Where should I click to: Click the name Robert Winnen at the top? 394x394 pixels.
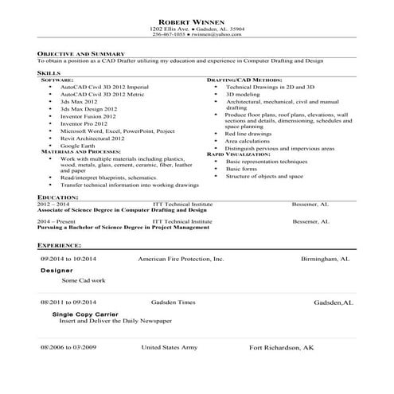click(197, 21)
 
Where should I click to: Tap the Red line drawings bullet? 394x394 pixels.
click(248, 134)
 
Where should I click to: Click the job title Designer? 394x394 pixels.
click(56, 271)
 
